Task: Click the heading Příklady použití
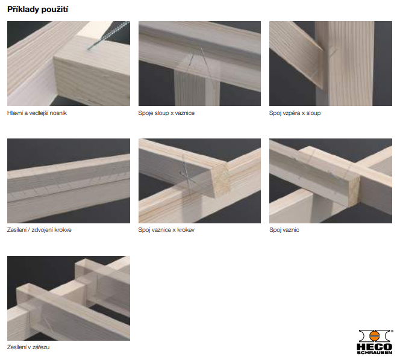click(x=37, y=10)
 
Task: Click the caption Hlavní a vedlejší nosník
click(x=37, y=113)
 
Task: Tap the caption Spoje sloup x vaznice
click(x=166, y=113)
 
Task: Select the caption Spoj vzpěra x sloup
click(x=295, y=113)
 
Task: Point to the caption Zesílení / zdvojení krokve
click(x=39, y=230)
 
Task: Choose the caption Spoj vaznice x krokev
click(x=166, y=230)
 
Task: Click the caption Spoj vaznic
click(x=284, y=230)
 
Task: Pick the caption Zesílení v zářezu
click(x=28, y=347)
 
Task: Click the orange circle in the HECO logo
click(x=375, y=336)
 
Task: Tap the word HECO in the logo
click(x=375, y=347)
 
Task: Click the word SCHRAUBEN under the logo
click(x=375, y=353)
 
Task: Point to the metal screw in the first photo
click(x=108, y=36)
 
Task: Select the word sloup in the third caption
click(x=313, y=113)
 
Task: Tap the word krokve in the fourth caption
click(x=63, y=230)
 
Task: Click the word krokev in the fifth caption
click(x=186, y=230)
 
